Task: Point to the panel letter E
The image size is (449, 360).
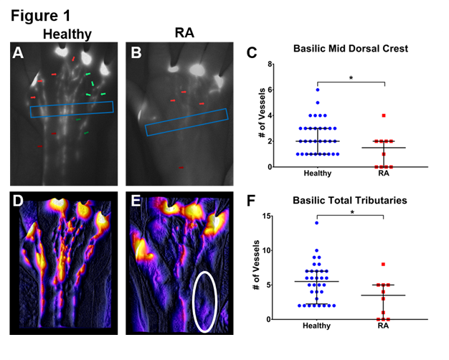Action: coord(134,201)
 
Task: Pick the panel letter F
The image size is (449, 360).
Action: coord(251,202)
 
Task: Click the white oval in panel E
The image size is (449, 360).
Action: coord(204,301)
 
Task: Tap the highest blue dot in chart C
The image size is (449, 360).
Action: coord(317,90)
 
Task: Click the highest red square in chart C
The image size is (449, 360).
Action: coord(384,115)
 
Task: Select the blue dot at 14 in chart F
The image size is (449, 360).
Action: coord(316,223)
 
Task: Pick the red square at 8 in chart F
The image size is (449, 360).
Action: coord(384,265)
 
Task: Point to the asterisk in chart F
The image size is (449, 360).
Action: coord(351,212)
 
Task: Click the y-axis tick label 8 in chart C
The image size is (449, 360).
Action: coord(270,64)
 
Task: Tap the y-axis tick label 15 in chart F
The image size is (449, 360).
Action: coord(268,216)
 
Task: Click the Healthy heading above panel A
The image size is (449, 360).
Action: coord(67,34)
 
